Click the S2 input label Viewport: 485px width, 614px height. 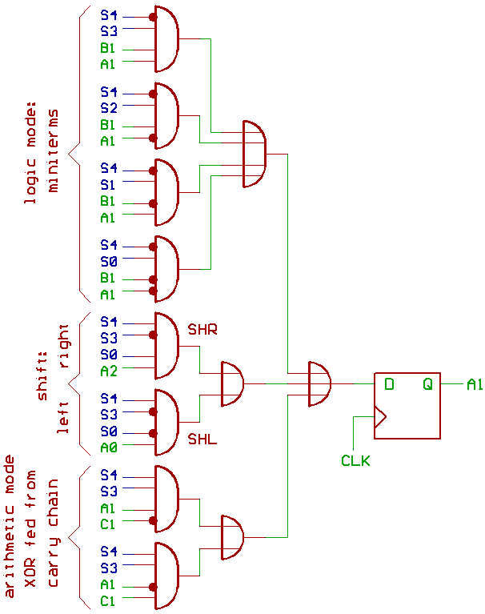(x=109, y=106)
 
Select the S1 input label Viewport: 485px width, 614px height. (x=109, y=184)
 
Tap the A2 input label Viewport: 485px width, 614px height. (x=109, y=371)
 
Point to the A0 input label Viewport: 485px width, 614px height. (x=109, y=447)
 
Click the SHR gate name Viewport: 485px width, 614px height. (x=202, y=329)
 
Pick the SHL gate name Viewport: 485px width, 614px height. (x=202, y=439)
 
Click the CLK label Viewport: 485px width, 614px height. (x=355, y=460)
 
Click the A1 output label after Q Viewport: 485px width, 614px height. (x=475, y=385)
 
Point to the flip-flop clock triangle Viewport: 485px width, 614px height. (x=380, y=417)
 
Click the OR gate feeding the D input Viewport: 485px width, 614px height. (x=319, y=384)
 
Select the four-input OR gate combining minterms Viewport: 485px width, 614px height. (x=254, y=155)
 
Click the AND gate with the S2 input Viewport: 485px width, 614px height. (x=166, y=116)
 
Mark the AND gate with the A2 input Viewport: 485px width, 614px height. (x=166, y=346)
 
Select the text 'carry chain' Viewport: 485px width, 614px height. (x=54, y=533)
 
